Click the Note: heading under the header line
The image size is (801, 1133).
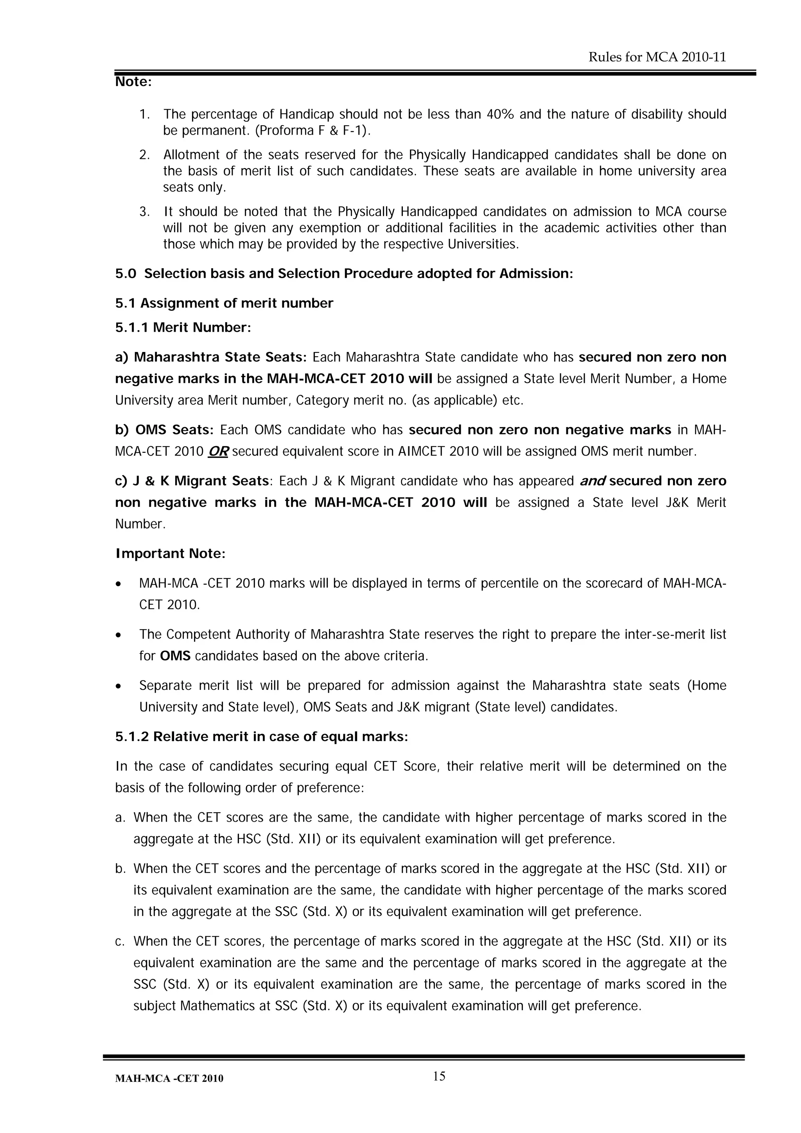[x=133, y=82]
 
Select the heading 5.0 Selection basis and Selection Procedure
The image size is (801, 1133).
[x=344, y=274]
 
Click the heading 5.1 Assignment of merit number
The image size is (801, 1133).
[x=224, y=303]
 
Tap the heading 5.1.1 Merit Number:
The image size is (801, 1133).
[x=183, y=328]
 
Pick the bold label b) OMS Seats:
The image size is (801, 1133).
[x=164, y=430]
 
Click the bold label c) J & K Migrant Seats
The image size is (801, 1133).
[x=192, y=481]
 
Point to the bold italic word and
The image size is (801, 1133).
[x=592, y=481]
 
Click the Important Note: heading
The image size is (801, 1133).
[x=170, y=554]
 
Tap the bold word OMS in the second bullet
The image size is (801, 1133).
[x=175, y=656]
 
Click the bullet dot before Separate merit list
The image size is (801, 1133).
[x=118, y=686]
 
